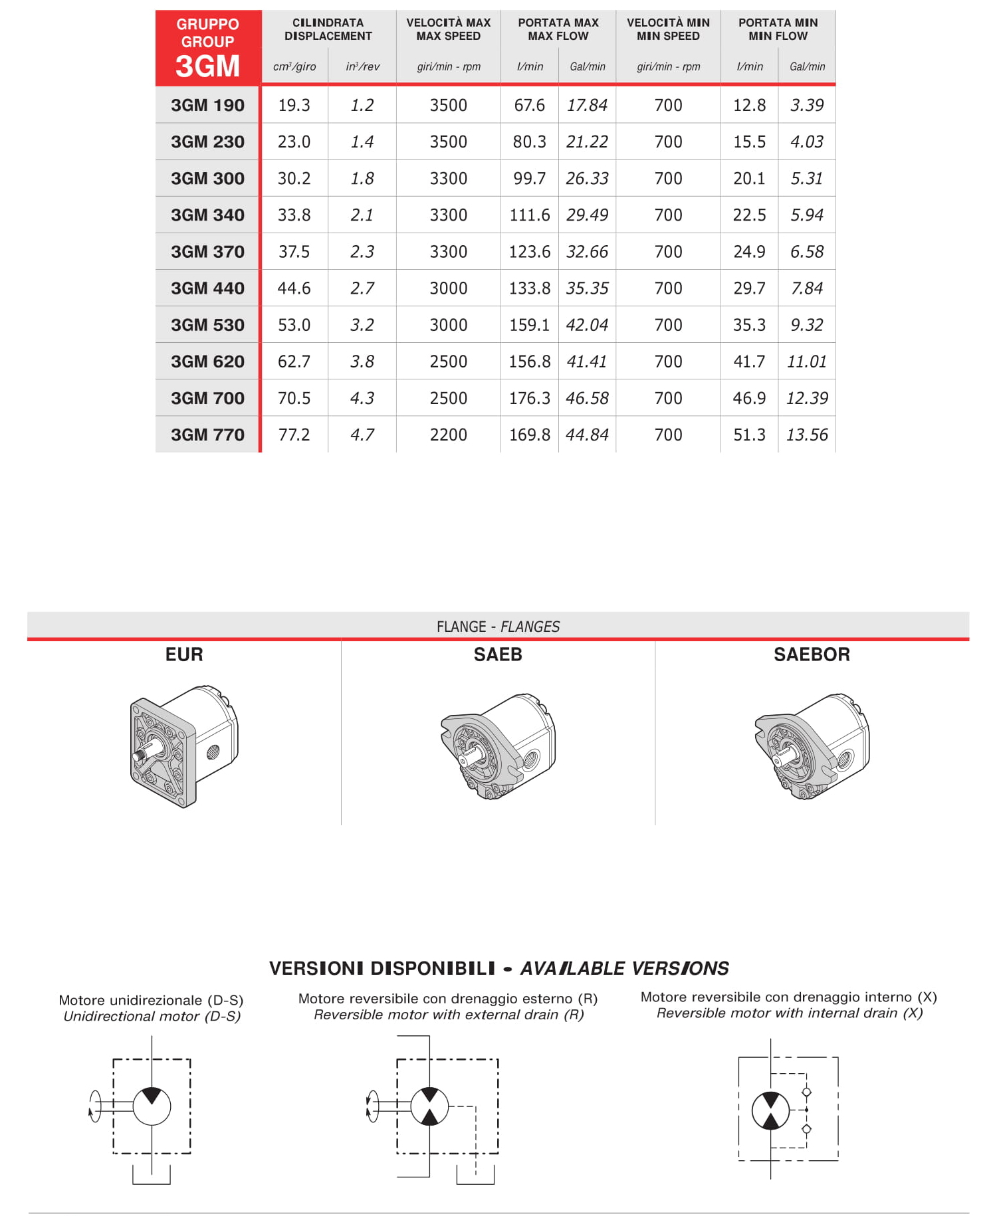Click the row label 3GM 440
pos(207,288)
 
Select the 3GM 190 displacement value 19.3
pos(294,105)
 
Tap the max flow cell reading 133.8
pos(529,288)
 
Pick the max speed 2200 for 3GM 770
pos(448,435)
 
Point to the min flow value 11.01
pos(806,361)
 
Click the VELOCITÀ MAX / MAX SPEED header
pos(448,29)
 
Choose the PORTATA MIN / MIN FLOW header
pos(778,29)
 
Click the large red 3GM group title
pos(207,66)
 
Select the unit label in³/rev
pos(362,66)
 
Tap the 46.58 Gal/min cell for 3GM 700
pos(587,398)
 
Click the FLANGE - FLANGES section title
pos(498,627)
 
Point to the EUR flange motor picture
pos(183,746)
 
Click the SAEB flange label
pos(498,655)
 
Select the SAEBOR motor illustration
pos(812,746)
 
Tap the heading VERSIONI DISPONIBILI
pos(382,968)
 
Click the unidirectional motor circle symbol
pos(152,1106)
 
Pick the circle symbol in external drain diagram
pos(429,1106)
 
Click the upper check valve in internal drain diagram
pos(806,1092)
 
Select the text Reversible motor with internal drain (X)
pos(789,1013)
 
